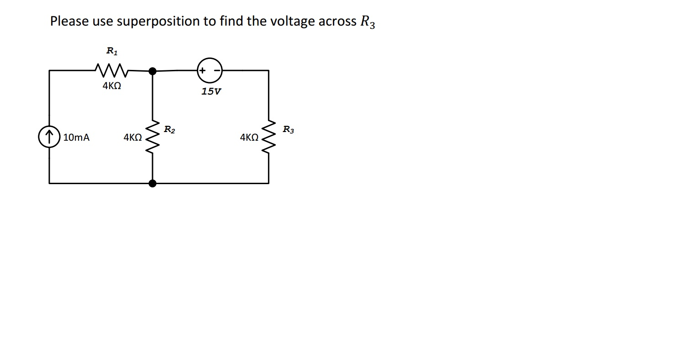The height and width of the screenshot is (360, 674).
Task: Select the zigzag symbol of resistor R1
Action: pos(112,70)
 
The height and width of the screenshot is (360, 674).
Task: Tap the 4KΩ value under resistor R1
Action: pos(112,85)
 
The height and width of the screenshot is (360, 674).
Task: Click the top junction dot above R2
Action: pos(153,71)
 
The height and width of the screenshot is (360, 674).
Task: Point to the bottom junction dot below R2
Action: pos(153,183)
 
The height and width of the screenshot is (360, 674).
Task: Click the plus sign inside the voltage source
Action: pos(202,70)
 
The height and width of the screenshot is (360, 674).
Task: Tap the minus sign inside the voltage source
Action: pos(217,70)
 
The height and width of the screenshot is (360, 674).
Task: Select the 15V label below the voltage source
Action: pos(211,91)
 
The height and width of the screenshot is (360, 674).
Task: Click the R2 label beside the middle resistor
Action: pos(169,130)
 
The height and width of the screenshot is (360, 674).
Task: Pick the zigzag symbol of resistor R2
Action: pos(152,137)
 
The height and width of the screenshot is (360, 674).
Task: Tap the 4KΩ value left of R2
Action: pos(132,137)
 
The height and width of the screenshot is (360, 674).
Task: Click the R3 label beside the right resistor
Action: pos(288,130)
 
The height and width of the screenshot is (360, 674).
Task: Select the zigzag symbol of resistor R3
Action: pos(268,137)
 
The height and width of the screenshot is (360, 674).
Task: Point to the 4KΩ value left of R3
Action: pos(249,137)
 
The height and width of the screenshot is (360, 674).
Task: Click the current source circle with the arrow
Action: pos(49,137)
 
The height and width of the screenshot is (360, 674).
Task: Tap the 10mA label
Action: pos(76,137)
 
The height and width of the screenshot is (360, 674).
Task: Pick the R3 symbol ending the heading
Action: pos(367,22)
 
